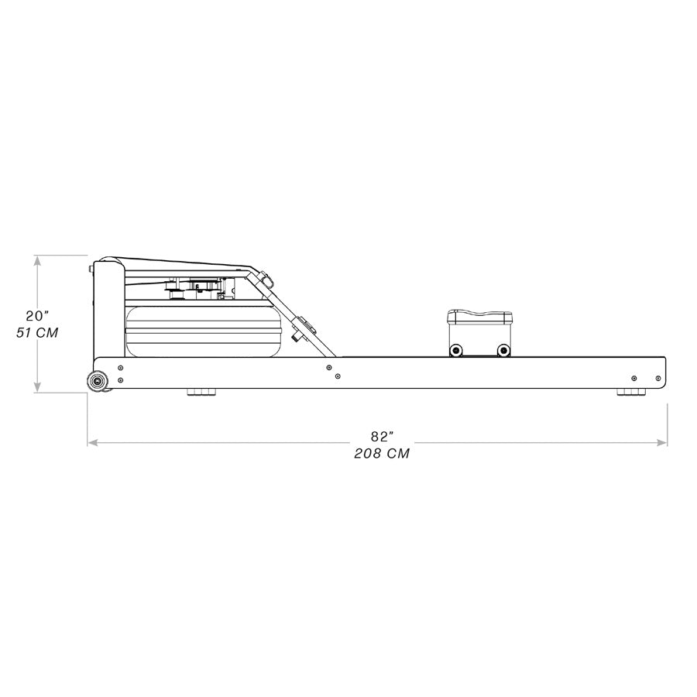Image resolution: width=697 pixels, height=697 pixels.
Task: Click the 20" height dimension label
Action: pyautogui.click(x=36, y=315)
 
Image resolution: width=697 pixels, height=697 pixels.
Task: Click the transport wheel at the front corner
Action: pyautogui.click(x=98, y=380)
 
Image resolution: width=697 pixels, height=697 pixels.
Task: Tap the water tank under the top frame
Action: pyautogui.click(x=201, y=331)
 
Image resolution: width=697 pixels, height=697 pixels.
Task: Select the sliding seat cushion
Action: pyautogui.click(x=479, y=317)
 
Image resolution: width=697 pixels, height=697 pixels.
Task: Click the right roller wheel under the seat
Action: pyautogui.click(x=503, y=350)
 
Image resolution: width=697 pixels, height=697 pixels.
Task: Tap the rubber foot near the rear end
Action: pyautogui.click(x=630, y=393)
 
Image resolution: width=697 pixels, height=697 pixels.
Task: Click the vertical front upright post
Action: pyautogui.click(x=108, y=310)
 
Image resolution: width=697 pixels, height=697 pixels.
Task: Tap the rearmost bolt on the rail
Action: pyautogui.click(x=658, y=379)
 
